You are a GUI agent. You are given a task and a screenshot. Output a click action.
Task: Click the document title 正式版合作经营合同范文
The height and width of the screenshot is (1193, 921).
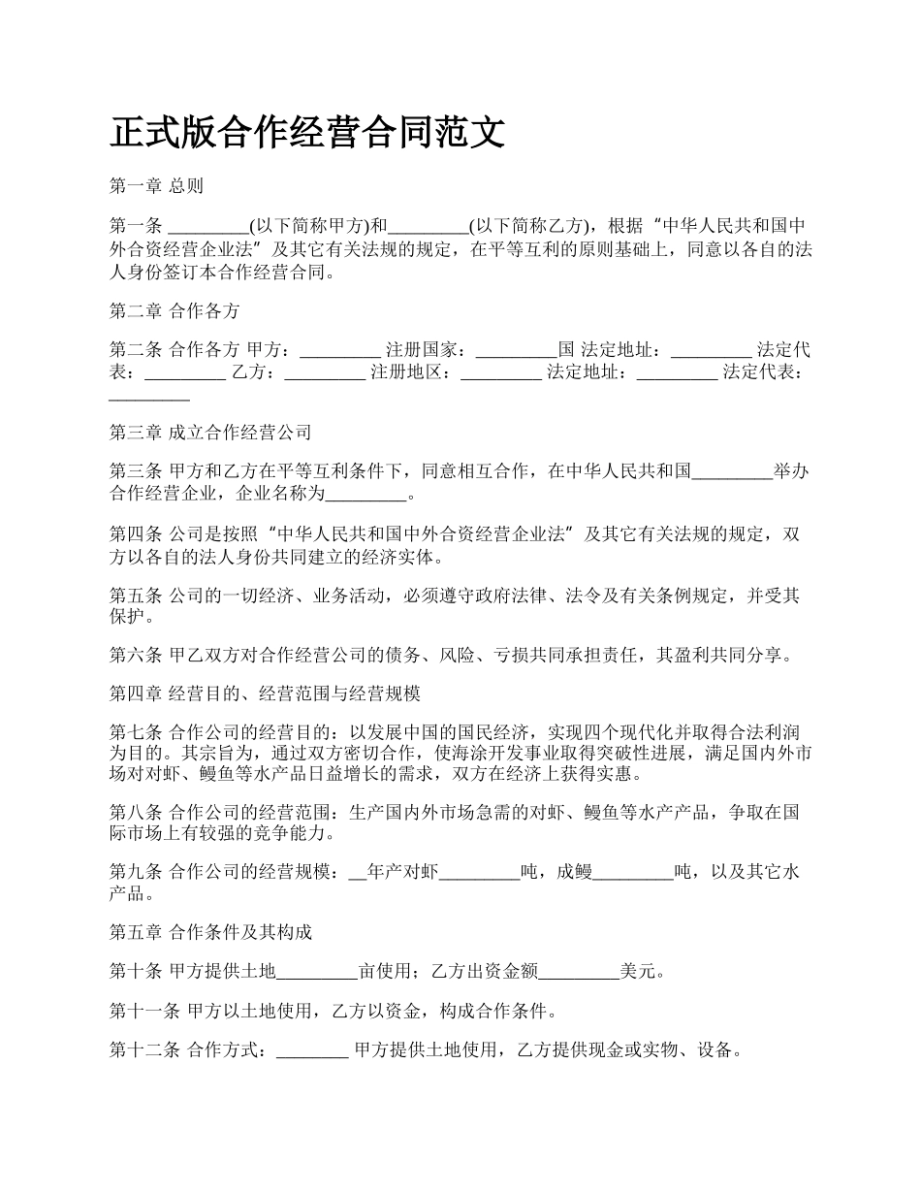coord(307,133)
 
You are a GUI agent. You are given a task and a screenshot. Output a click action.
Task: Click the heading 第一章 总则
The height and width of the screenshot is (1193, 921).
coord(156,185)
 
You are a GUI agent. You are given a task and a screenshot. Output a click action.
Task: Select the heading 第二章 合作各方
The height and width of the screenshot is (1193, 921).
coord(175,311)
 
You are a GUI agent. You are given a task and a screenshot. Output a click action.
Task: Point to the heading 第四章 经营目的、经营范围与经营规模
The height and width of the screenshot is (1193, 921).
coord(265,693)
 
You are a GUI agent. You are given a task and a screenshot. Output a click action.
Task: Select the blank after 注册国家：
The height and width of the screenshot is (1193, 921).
coord(518,350)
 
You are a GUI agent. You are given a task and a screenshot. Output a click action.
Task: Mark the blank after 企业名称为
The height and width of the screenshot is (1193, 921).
coord(365,495)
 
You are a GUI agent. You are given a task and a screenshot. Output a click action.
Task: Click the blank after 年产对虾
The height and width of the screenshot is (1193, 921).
coord(480,873)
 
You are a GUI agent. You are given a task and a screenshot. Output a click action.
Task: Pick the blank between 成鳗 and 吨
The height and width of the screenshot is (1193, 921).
coord(632,873)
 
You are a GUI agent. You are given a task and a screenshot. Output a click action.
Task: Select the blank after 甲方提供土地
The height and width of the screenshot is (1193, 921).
coord(318,971)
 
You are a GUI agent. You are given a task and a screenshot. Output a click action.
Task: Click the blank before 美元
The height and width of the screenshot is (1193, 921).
coord(579,971)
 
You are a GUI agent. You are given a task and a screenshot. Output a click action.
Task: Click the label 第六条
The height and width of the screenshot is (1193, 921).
coord(136,655)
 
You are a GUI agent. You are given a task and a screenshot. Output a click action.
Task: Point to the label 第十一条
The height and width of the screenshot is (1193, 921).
coord(144,1012)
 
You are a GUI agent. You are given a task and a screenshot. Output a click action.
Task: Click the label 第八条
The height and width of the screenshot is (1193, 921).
coord(136,812)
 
